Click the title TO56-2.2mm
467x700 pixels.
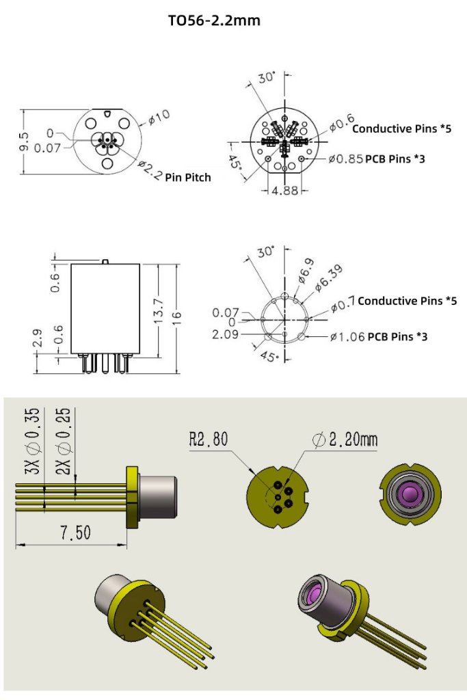click(x=214, y=21)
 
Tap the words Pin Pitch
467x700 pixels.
click(x=187, y=177)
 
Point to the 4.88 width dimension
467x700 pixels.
click(x=285, y=191)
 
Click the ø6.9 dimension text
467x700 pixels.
click(x=303, y=269)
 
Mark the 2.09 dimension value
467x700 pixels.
click(x=225, y=334)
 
